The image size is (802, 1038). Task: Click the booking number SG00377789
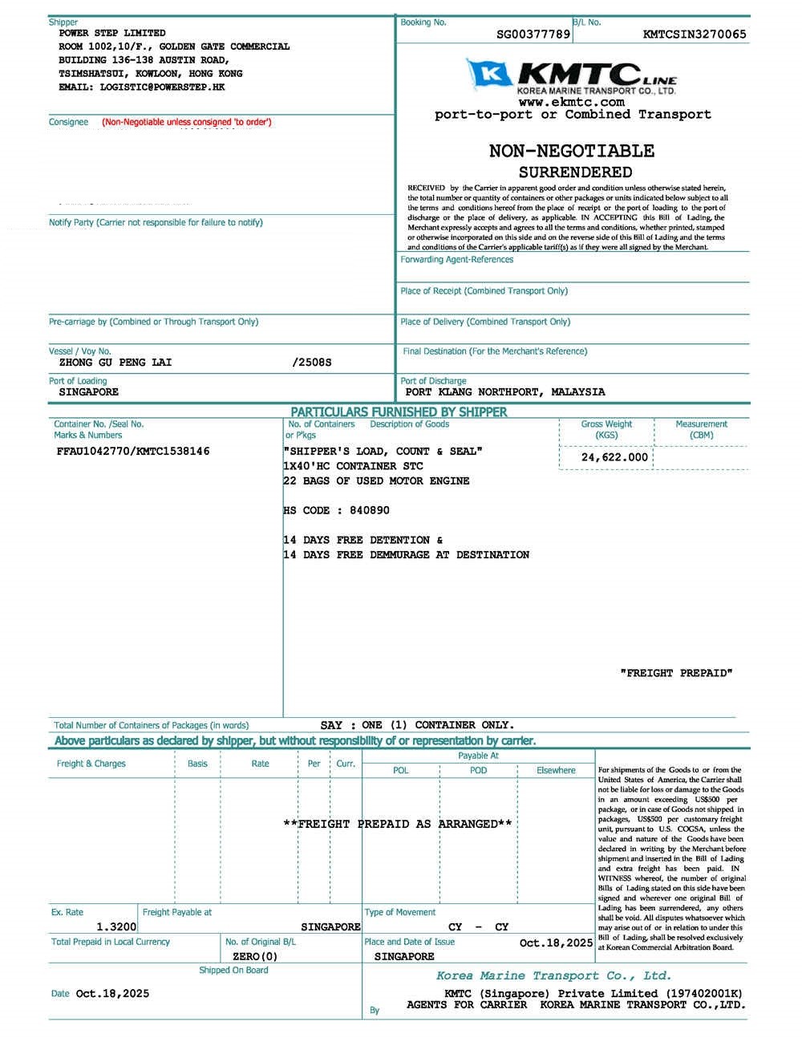533,34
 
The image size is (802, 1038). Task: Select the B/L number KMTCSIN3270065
695,34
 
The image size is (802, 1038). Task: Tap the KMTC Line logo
572,77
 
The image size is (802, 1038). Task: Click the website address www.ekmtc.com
571,102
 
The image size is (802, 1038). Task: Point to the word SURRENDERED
575,172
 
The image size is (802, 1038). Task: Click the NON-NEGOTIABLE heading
572,151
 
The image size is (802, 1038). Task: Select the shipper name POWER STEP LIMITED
112,33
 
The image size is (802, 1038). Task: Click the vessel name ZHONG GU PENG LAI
115,363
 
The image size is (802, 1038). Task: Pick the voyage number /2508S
312,363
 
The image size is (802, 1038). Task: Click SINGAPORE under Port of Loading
88,392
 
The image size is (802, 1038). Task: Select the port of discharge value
505,392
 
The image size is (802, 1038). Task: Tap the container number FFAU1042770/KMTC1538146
133,452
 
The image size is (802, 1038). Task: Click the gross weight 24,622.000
614,457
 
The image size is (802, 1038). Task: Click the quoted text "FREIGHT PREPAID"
677,673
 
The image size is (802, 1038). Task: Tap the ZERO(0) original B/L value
255,956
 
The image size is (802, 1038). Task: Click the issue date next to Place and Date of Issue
556,943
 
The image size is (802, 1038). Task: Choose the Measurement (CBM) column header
701,429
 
